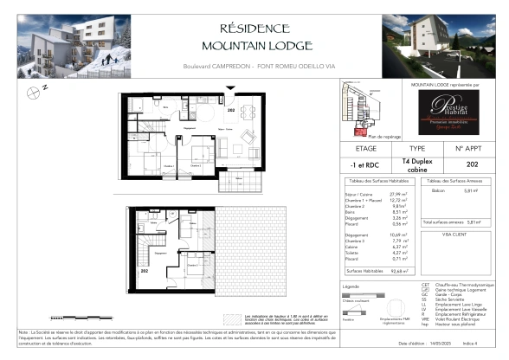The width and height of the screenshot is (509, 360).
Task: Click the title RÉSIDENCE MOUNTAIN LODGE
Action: (254, 36)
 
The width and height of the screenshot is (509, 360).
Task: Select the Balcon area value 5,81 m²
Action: (470, 190)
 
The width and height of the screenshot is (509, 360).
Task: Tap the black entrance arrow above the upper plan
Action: (229, 90)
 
